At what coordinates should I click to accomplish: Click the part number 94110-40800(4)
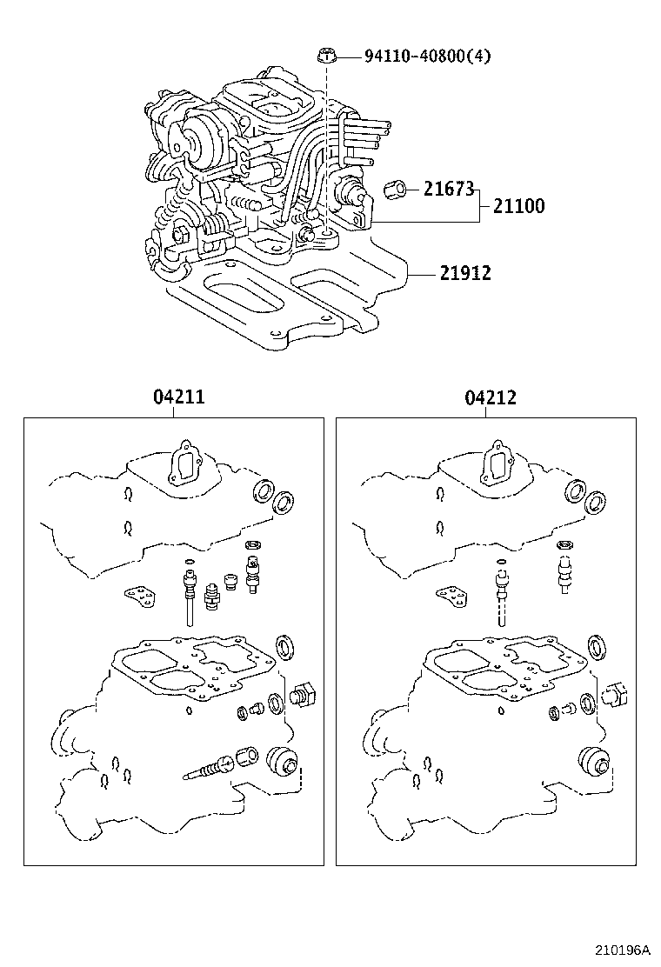click(427, 57)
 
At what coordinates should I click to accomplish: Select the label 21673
click(448, 189)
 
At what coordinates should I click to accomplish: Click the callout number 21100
click(518, 206)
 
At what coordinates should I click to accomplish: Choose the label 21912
click(464, 273)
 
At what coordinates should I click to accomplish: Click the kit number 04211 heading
click(178, 397)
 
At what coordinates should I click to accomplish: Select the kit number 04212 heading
click(491, 397)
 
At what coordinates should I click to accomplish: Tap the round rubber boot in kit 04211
click(282, 762)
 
